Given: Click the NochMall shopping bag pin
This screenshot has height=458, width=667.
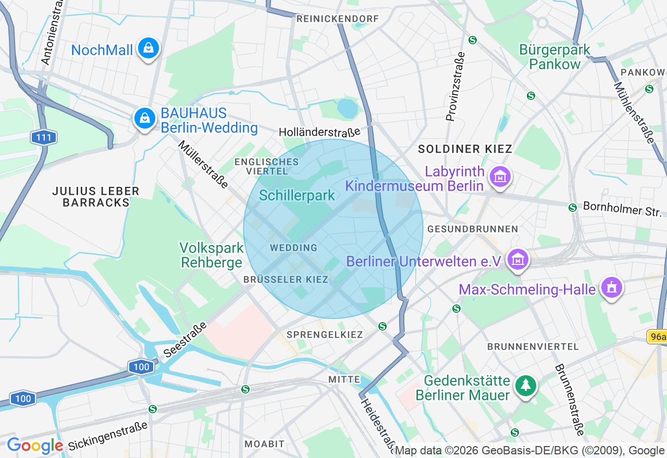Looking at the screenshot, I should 149,49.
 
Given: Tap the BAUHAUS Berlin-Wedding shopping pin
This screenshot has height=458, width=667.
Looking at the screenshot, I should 145,119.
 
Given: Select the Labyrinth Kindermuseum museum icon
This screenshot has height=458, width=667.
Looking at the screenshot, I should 500,177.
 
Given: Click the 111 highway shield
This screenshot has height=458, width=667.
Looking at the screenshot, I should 43,138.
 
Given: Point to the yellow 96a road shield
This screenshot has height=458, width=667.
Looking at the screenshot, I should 657,337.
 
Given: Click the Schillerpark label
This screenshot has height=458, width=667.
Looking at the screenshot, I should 297,196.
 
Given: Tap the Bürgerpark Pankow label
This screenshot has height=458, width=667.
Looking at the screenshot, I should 554,57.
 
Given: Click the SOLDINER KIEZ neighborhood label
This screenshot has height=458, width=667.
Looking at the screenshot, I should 465,149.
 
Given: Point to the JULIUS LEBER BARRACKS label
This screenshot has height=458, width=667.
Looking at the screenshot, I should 96,197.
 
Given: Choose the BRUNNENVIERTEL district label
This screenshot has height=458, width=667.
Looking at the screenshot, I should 533,347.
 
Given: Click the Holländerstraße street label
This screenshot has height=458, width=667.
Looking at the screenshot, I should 319,132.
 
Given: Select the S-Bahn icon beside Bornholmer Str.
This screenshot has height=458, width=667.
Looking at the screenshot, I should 573,208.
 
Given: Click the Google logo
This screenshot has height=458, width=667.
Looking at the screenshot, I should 35,446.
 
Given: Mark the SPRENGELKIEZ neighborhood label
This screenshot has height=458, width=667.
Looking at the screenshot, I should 325,335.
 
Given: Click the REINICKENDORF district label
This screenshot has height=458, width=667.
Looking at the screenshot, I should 337,19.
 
